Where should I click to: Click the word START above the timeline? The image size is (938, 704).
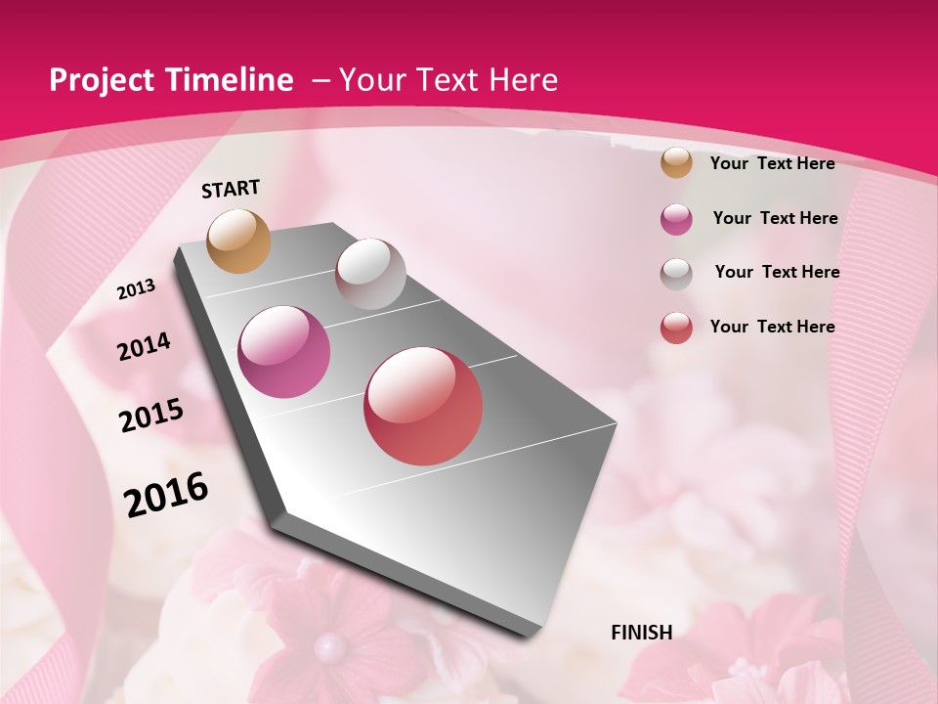click(231, 189)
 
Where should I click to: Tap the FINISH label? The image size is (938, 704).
click(642, 633)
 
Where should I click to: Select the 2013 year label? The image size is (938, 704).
click(136, 289)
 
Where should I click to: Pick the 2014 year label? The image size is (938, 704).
click(144, 347)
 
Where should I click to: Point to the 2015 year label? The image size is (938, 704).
click(150, 416)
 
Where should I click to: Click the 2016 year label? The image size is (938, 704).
click(166, 495)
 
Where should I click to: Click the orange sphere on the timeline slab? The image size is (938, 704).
click(238, 241)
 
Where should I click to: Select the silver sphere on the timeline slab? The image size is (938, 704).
click(370, 274)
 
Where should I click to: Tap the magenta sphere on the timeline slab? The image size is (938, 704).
click(284, 351)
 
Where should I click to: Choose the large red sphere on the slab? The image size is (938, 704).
click(423, 406)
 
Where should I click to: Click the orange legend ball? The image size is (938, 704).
click(676, 163)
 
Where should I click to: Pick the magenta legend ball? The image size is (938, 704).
click(676, 219)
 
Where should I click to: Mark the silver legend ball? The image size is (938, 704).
click(676, 274)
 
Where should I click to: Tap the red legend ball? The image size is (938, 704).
click(676, 328)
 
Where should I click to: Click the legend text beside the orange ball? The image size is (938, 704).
click(772, 163)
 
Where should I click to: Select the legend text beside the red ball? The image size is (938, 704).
click(772, 327)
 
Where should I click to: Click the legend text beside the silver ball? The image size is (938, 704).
click(777, 272)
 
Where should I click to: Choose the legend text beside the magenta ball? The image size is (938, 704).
click(775, 218)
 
